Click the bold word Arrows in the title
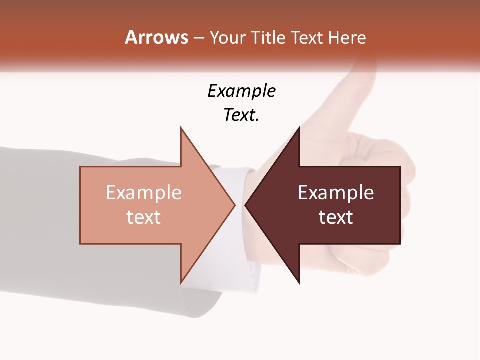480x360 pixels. [156, 37]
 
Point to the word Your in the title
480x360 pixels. [228, 38]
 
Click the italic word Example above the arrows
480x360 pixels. [241, 91]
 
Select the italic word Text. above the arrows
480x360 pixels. [241, 115]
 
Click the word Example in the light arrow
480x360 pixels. [144, 192]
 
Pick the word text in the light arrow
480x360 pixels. [144, 217]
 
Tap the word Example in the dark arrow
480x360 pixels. [336, 192]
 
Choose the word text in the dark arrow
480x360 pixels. [336, 217]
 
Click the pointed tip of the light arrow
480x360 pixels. [234, 205]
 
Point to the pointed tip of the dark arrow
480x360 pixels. [246, 205]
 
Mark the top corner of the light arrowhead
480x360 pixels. [181, 128]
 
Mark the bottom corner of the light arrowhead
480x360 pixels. [181, 282]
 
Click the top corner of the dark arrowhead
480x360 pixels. [299, 128]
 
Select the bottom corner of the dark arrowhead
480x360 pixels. [299, 283]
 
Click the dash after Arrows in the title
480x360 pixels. [198, 38]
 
